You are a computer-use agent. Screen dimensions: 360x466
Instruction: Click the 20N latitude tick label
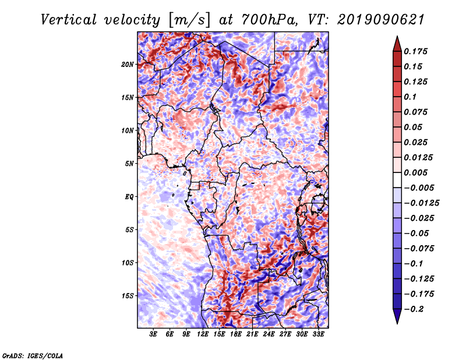pyautogui.click(x=128, y=64)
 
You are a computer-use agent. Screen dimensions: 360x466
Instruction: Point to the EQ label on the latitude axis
pyautogui.click(x=129, y=196)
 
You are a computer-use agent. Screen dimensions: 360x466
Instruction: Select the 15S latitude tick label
pyautogui.click(x=128, y=295)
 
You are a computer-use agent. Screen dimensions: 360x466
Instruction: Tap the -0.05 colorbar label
pyautogui.click(x=416, y=233)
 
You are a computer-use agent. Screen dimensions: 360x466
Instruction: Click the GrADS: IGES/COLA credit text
pyautogui.click(x=32, y=355)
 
